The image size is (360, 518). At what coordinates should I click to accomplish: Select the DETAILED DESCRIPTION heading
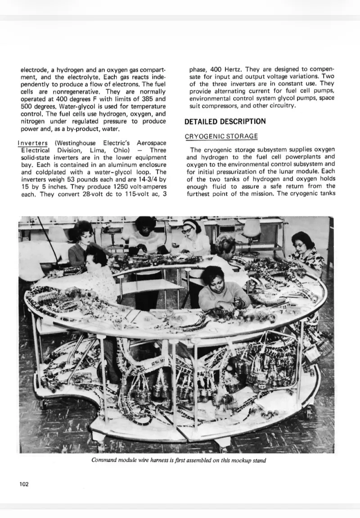click(225, 121)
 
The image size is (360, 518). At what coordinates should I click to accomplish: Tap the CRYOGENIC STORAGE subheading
click(221, 136)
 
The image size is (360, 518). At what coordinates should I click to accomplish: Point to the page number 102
click(24, 484)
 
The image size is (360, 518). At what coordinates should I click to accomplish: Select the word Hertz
click(233, 70)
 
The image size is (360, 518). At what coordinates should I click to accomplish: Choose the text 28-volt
click(83, 194)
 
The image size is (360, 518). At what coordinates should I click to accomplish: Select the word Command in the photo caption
click(104, 460)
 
